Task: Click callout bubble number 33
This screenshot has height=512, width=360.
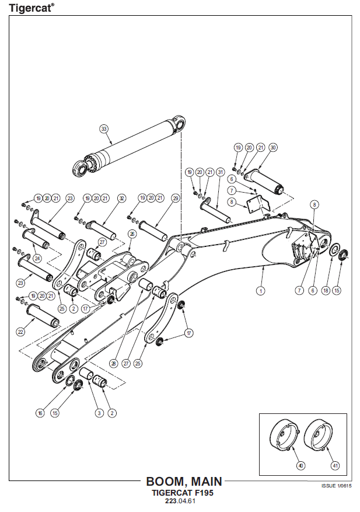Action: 104,129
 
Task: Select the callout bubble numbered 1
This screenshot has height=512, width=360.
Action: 260,290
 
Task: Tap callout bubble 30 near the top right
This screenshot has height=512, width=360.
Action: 273,148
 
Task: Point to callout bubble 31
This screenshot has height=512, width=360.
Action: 221,172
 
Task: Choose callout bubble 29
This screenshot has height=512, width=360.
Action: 176,198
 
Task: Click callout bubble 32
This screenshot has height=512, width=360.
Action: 122,198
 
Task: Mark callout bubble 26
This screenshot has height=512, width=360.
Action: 132,234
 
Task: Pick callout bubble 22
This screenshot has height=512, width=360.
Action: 20,332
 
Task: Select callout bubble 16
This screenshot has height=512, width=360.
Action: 40,413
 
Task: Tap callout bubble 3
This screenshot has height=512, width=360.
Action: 99,413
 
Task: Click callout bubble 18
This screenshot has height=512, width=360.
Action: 326,290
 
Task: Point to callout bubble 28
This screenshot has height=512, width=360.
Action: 114,363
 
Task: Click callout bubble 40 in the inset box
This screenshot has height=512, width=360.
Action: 300,465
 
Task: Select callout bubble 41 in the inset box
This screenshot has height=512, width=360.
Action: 335,465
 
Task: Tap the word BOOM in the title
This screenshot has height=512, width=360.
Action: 166,482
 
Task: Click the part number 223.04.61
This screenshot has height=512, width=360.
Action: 180,501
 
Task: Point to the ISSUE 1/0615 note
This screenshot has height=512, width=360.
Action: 337,486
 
